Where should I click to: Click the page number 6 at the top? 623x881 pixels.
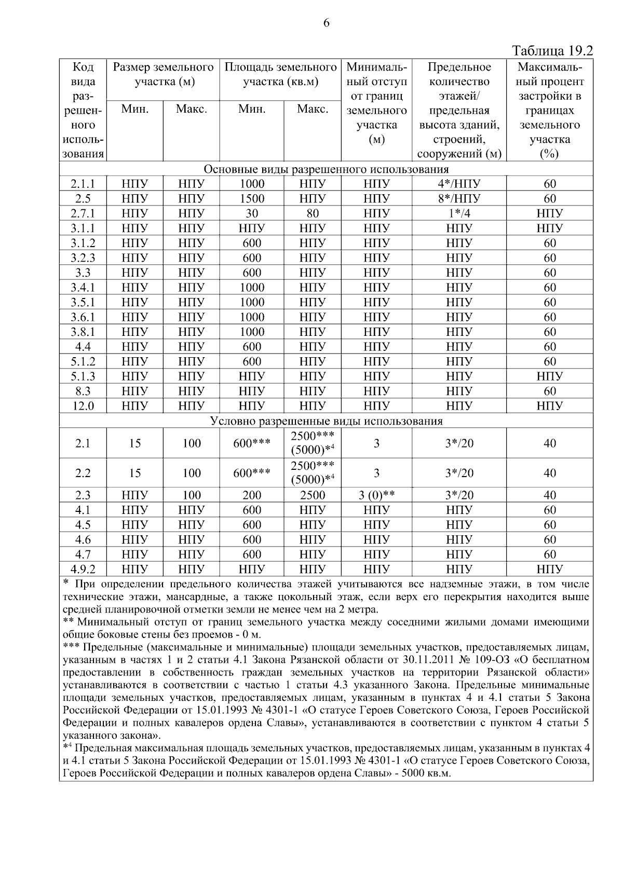[326, 23]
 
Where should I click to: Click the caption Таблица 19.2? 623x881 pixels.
[552, 51]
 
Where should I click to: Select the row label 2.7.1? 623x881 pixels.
[83, 213]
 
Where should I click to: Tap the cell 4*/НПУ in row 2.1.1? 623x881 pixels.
[459, 184]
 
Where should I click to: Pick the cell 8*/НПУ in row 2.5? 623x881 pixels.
[459, 199]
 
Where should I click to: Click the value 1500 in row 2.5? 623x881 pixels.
[252, 199]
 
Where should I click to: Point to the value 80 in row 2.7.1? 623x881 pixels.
[312, 213]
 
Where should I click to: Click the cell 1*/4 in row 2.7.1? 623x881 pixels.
[459, 213]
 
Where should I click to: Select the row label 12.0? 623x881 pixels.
[83, 406]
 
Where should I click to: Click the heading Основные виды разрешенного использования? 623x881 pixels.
[326, 169]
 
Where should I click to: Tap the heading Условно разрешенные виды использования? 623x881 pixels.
[326, 421]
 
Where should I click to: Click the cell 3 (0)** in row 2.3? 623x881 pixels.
[376, 495]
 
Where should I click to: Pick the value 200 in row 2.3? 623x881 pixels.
[252, 495]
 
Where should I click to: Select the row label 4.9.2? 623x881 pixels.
[83, 570]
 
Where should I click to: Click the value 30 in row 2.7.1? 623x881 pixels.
[252, 213]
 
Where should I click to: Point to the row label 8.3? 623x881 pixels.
[83, 391]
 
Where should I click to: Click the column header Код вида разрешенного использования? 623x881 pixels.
[83, 110]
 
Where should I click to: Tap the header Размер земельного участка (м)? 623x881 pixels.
[164, 74]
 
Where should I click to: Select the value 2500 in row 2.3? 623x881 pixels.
[312, 495]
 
